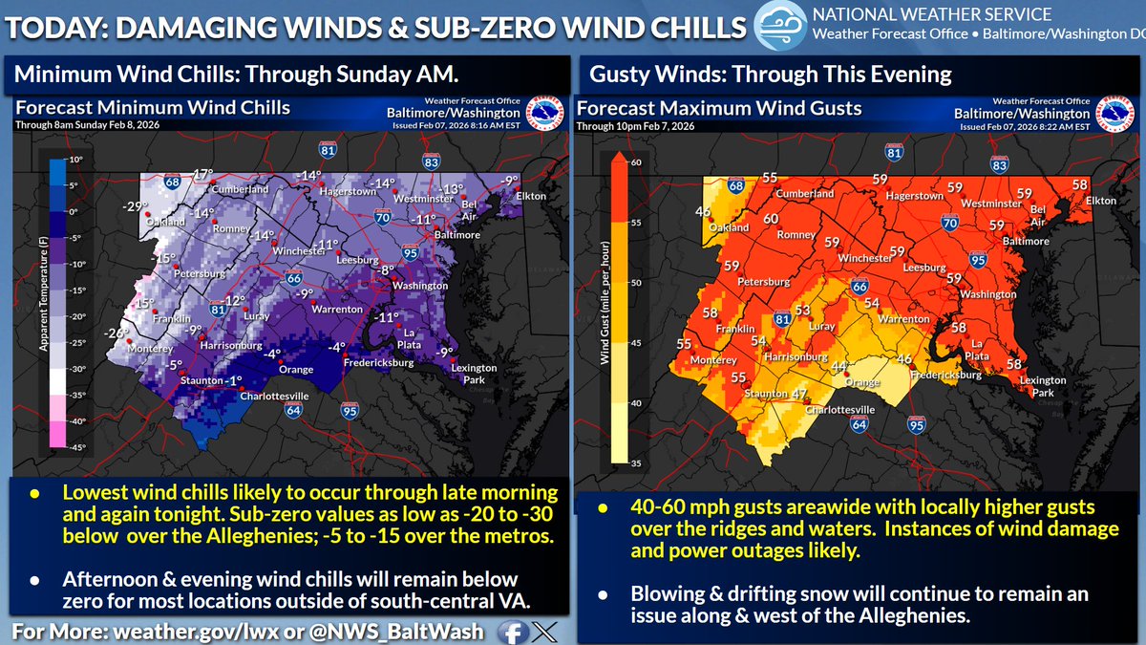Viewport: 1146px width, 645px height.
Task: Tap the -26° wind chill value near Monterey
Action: [117, 333]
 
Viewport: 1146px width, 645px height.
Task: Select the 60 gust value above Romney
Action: [772, 219]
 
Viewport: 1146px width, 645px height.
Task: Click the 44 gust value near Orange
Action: [839, 367]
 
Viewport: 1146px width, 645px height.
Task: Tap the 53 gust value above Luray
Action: [803, 311]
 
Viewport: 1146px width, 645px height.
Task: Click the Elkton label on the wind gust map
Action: [1100, 201]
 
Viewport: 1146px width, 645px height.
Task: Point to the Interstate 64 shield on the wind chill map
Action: [286, 412]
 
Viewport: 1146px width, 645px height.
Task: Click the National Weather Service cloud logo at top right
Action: [779, 24]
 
